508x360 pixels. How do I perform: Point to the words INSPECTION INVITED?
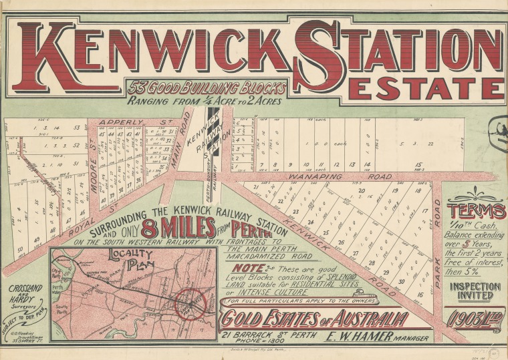point(477,291)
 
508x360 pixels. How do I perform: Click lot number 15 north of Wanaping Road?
point(417,165)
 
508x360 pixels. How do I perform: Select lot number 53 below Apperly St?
point(77,128)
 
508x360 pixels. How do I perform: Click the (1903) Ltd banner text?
point(476,317)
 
